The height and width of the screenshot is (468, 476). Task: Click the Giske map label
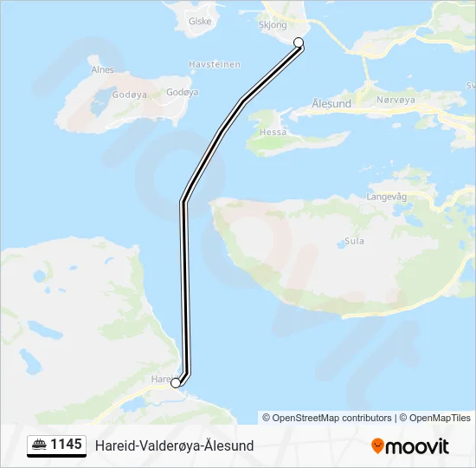200,21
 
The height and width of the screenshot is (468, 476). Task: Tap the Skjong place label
272,25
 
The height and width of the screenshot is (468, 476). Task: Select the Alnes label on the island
102,70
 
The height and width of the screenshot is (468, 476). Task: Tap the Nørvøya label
397,101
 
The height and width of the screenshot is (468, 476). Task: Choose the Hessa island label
273,133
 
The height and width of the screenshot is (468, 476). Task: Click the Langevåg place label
387,197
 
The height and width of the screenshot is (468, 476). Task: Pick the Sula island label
354,243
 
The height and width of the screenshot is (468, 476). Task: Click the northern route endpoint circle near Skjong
299,42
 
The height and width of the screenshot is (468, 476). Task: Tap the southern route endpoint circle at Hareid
176,382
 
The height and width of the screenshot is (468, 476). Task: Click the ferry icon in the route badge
40,445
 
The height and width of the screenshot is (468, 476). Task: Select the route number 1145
67,445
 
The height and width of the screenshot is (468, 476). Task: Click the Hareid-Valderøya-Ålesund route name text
174,445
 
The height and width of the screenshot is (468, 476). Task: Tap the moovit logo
410,446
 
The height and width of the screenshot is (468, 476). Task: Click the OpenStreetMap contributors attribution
327,418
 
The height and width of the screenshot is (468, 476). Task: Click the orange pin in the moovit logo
376,446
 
